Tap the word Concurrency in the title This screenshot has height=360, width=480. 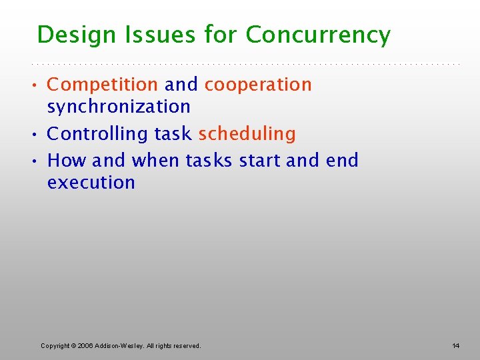[x=318, y=35]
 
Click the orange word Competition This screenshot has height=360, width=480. [x=102, y=85]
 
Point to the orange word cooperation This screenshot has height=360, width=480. [x=258, y=85]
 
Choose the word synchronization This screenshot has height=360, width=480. [x=119, y=107]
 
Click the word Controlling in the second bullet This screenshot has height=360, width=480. [x=98, y=134]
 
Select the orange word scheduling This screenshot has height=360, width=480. [x=247, y=134]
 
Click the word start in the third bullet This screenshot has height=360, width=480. [x=260, y=161]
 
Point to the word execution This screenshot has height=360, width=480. [x=91, y=183]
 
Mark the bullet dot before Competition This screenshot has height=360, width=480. [x=39, y=85]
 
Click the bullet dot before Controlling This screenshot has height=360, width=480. [x=39, y=135]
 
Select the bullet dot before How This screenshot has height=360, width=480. [x=39, y=161]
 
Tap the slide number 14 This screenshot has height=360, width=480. [x=455, y=346]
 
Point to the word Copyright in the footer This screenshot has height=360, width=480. [x=55, y=346]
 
